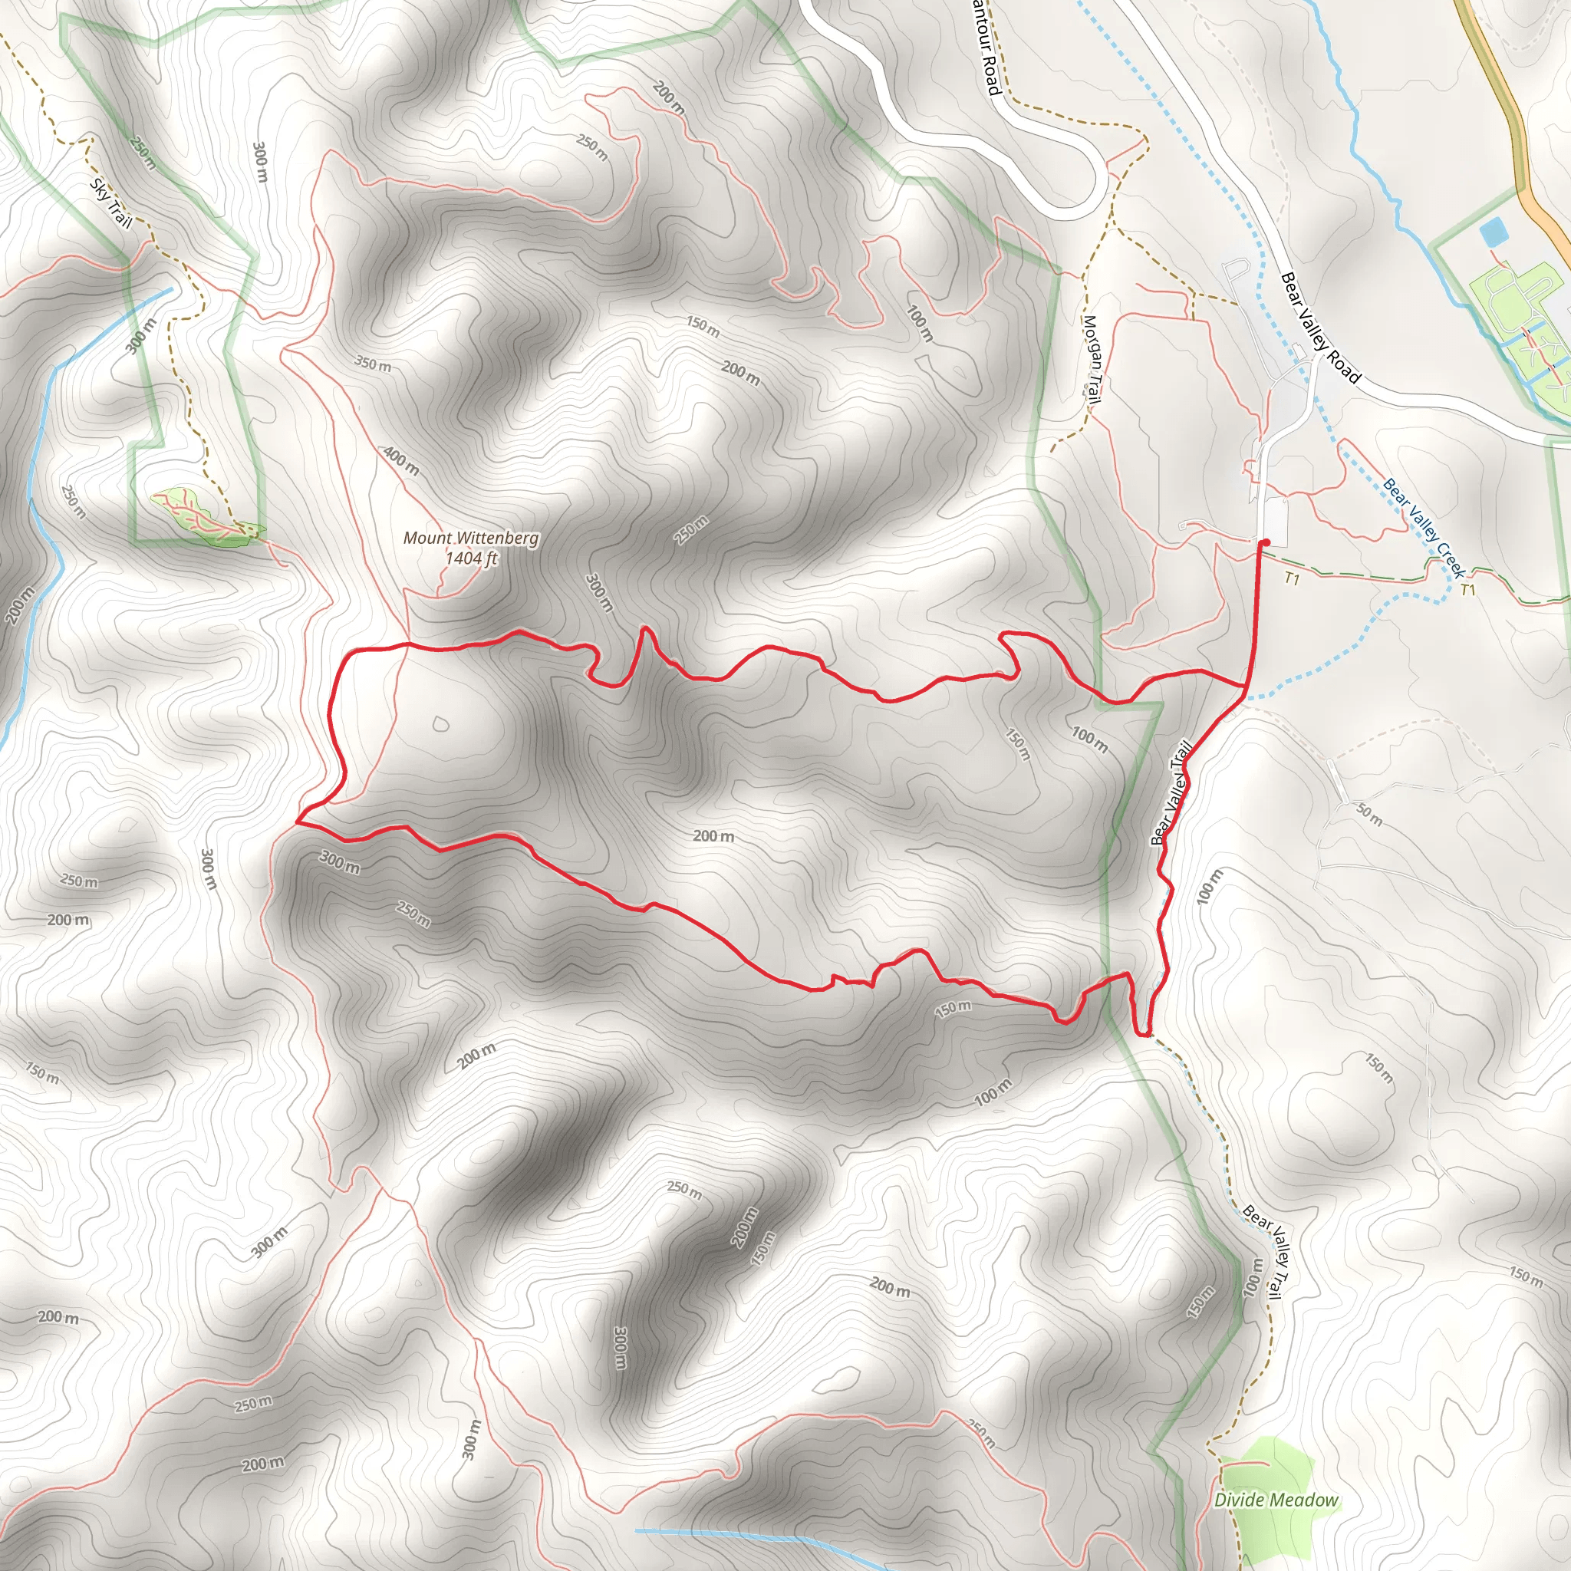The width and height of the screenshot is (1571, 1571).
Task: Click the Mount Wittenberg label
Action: pyautogui.click(x=471, y=538)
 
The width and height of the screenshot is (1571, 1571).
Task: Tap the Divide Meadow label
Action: pyautogui.click(x=1276, y=1500)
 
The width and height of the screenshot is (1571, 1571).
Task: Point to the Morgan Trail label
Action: pyautogui.click(x=1092, y=358)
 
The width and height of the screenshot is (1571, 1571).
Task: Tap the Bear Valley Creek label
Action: pyautogui.click(x=1424, y=528)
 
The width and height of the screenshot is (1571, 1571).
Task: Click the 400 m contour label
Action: pyautogui.click(x=402, y=461)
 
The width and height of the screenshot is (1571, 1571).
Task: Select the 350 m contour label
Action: pyautogui.click(x=372, y=364)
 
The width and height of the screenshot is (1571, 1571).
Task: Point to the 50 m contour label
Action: pyautogui.click(x=1369, y=814)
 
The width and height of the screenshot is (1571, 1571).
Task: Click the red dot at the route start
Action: pyautogui.click(x=1266, y=542)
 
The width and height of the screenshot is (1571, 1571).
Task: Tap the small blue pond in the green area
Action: pyautogui.click(x=1494, y=233)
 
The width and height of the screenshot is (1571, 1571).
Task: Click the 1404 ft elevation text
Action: pyautogui.click(x=471, y=558)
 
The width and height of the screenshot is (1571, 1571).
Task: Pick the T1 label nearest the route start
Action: pyautogui.click(x=1292, y=578)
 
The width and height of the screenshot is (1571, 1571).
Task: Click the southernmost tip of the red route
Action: pyautogui.click(x=1143, y=1035)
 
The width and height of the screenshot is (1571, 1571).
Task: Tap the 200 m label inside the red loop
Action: pyautogui.click(x=713, y=836)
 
